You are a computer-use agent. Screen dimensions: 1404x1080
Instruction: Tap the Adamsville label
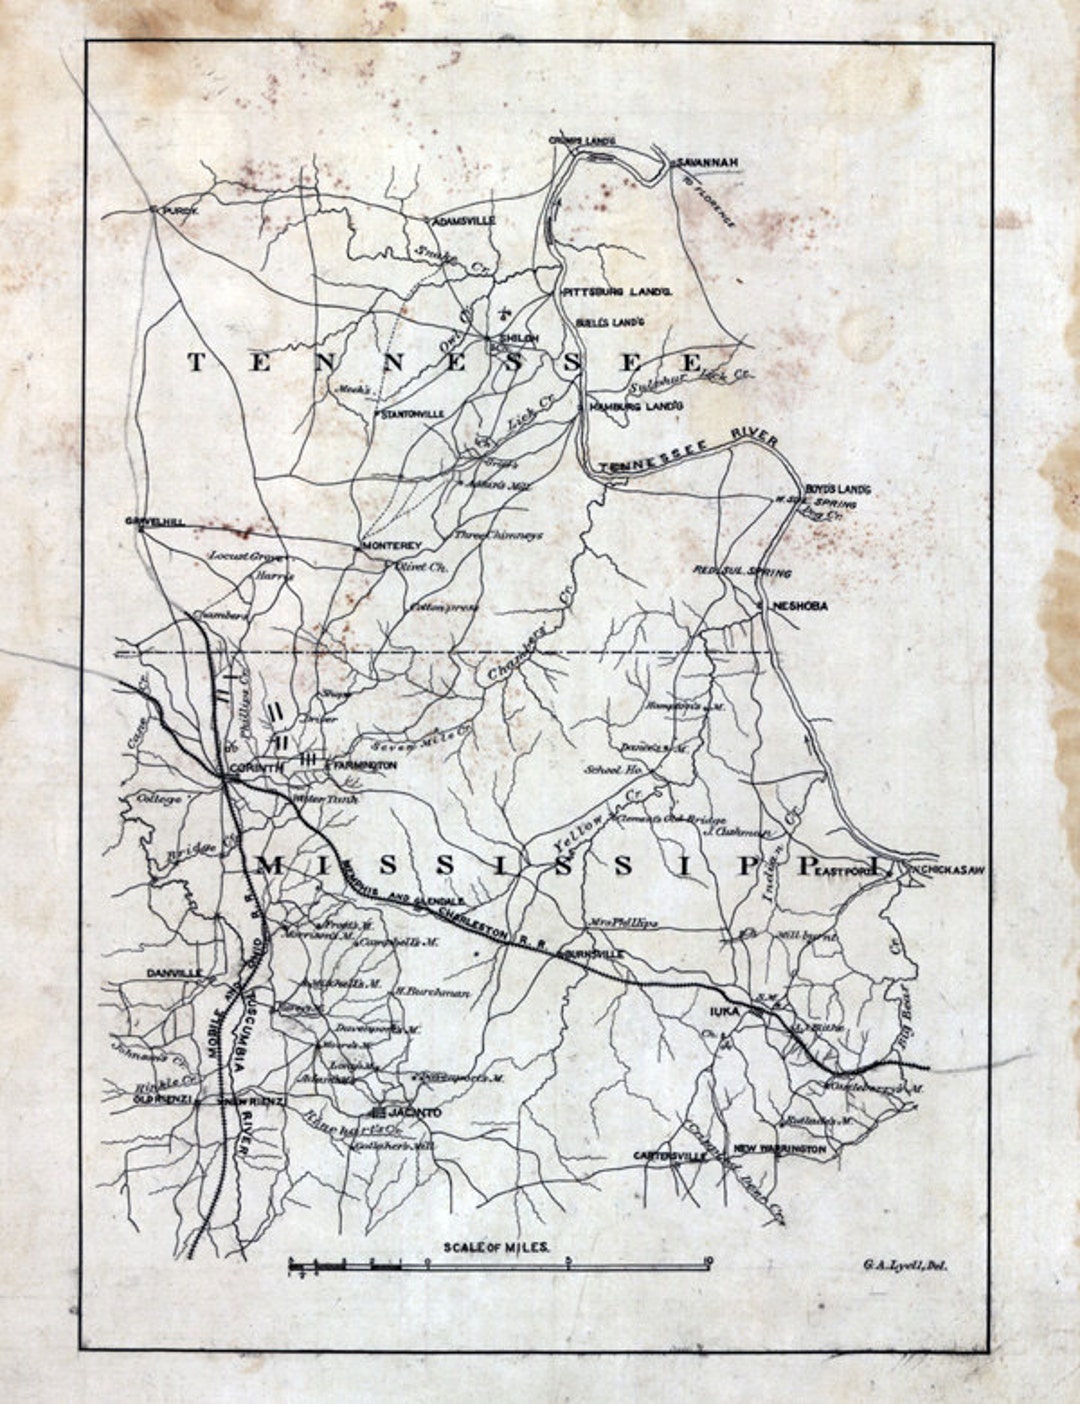(463, 221)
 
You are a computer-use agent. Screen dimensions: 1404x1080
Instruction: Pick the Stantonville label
(411, 412)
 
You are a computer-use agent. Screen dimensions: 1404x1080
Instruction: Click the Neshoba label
(800, 606)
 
